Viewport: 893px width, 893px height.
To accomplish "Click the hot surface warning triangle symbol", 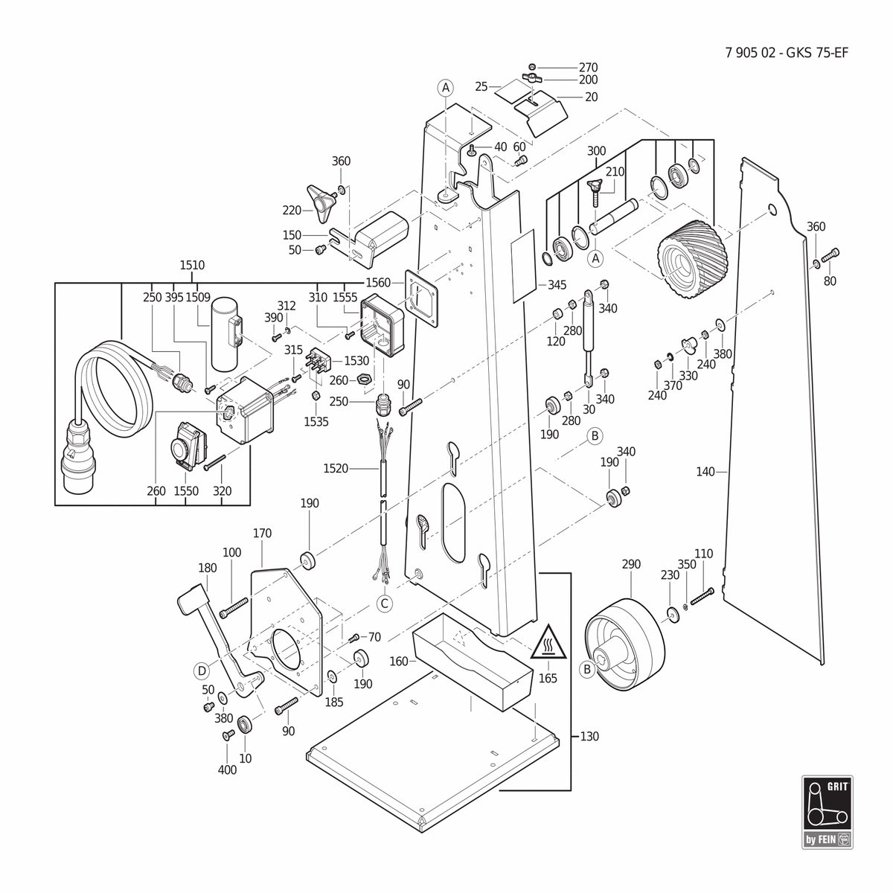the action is click(x=548, y=642).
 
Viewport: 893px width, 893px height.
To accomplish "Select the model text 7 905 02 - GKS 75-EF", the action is click(x=787, y=53).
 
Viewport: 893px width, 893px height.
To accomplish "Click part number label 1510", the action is click(x=192, y=265).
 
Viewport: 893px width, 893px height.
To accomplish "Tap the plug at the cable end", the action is click(x=79, y=455).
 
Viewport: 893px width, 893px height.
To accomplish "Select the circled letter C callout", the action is click(x=384, y=604).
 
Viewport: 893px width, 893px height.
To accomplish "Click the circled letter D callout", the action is click(x=202, y=670).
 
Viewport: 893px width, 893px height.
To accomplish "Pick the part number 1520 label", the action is click(x=336, y=469).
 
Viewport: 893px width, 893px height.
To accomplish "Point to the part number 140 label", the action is click(x=705, y=472).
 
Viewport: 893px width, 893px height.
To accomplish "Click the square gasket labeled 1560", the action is click(x=422, y=299).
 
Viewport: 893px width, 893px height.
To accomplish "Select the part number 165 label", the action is click(x=548, y=678).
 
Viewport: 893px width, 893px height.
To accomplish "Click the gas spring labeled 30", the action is click(x=588, y=337).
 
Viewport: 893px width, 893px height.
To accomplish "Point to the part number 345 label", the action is click(x=557, y=284).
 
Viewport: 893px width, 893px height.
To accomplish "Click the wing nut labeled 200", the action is click(x=532, y=77).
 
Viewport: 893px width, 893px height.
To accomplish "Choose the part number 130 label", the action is click(x=590, y=736).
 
